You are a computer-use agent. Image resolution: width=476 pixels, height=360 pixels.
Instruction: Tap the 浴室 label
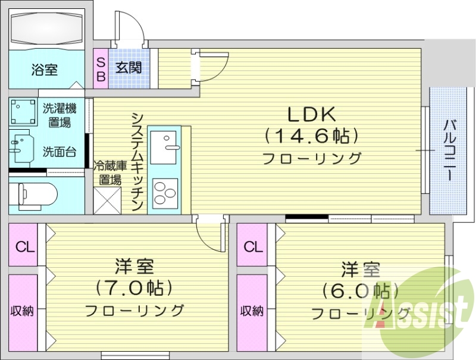click(x=45, y=70)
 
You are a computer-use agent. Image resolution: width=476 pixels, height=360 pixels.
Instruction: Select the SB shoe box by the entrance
click(x=101, y=68)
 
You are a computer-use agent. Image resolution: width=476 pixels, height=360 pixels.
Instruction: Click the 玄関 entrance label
click(x=129, y=67)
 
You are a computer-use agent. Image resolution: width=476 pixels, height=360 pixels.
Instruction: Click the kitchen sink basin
click(x=163, y=146)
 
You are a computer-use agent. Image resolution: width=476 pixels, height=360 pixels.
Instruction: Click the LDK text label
click(x=312, y=114)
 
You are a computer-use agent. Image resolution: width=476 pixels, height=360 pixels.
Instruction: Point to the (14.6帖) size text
click(x=312, y=136)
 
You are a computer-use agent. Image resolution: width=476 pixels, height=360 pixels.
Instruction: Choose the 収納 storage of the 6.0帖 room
click(x=252, y=310)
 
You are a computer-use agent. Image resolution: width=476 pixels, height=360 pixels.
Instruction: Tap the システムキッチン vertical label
click(x=137, y=161)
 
